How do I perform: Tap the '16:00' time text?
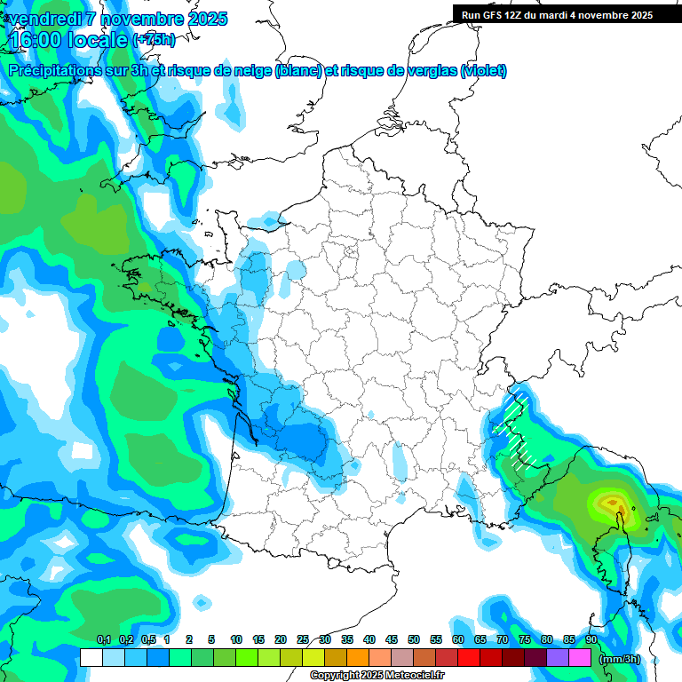click(35, 39)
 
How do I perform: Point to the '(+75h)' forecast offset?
click(154, 40)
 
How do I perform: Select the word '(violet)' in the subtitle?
click(483, 71)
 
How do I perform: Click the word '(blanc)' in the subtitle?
click(298, 71)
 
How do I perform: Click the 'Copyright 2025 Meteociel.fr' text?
click(377, 676)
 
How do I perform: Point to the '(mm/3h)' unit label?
click(620, 659)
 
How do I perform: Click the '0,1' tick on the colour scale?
click(103, 639)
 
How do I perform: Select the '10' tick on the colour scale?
click(236, 639)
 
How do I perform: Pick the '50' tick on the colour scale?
click(414, 639)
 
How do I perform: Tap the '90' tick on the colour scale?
click(591, 639)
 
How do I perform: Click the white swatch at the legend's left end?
click(91, 658)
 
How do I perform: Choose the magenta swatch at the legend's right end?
click(580, 658)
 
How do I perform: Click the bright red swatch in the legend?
click(468, 658)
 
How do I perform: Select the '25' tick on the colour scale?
click(303, 639)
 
